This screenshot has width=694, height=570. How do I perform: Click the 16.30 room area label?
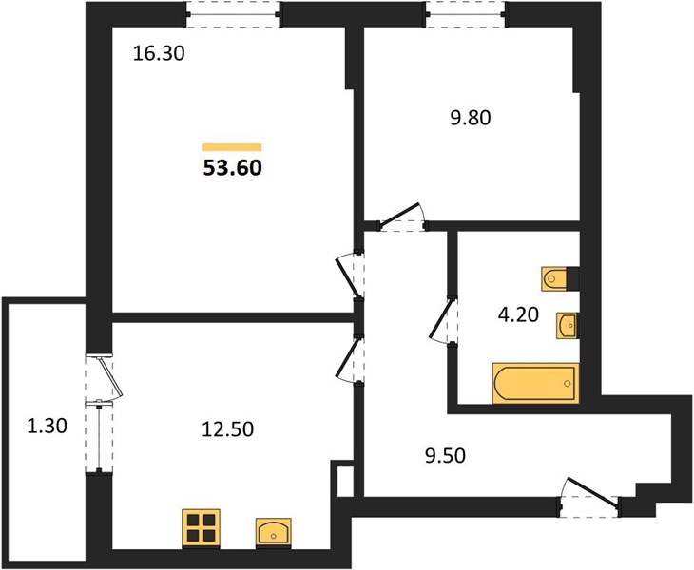click(159, 54)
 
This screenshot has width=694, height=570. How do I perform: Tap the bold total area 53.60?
click(233, 168)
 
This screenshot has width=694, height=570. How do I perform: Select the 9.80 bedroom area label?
click(471, 118)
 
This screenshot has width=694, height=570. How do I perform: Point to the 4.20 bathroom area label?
click(518, 314)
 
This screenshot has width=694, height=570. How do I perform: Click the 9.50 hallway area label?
click(445, 456)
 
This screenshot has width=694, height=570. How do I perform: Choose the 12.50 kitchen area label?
click(227, 429)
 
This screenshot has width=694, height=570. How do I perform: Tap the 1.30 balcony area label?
click(47, 426)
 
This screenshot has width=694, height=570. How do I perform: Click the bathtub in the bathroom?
click(535, 383)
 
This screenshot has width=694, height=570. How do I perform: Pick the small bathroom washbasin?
click(567, 326)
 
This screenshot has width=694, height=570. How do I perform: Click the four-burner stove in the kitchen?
click(201, 528)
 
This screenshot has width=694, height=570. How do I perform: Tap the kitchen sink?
click(274, 531)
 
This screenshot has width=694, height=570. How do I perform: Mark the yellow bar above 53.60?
click(232, 147)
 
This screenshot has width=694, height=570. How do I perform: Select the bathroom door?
click(442, 319)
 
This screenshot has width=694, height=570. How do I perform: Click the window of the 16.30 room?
click(233, 14)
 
